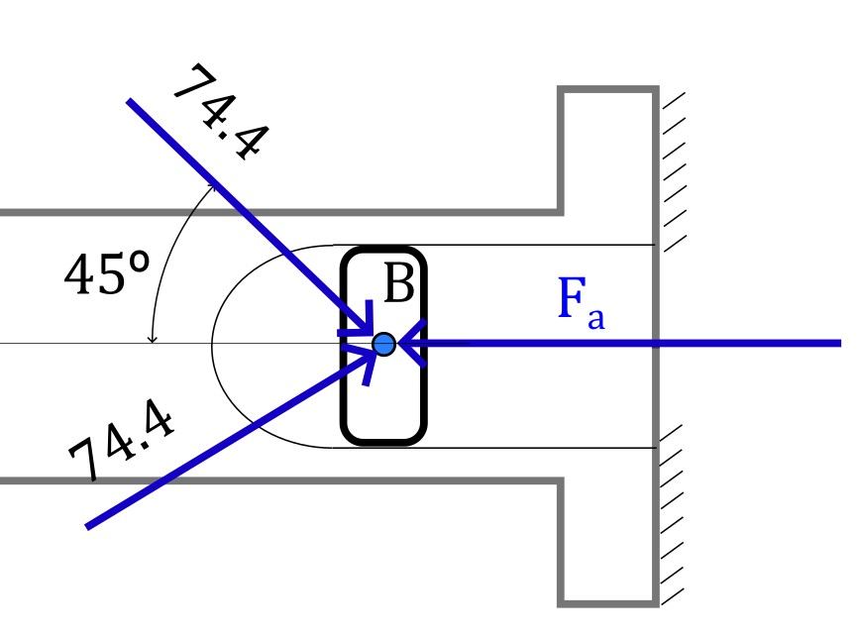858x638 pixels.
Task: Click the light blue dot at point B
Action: click(x=384, y=344)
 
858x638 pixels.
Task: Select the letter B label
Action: click(x=399, y=283)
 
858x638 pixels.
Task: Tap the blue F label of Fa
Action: click(x=572, y=297)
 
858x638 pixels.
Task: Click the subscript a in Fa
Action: click(x=596, y=318)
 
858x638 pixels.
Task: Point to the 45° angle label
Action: click(x=107, y=273)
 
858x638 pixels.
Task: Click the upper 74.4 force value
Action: click(x=222, y=113)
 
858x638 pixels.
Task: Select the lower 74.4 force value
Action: click(x=122, y=440)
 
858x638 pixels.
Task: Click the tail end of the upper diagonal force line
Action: click(x=129, y=101)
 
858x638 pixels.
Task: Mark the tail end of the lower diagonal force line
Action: click(x=87, y=527)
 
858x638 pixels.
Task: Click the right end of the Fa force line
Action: click(x=840, y=343)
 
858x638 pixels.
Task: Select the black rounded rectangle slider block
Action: click(x=383, y=250)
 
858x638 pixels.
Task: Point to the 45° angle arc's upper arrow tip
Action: click(x=214, y=184)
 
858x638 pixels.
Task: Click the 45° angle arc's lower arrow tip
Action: click(x=153, y=343)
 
